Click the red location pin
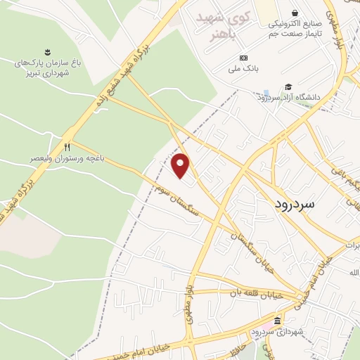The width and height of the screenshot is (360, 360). coord(181,165)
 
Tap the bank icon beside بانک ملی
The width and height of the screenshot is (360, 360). coord(243,58)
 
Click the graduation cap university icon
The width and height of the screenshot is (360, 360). coord(288,87)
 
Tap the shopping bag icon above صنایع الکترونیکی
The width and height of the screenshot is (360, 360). coord(295,13)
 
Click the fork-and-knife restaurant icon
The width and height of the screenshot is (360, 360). coord(67,148)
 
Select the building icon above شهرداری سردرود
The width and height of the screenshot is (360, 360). coord(277,321)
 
